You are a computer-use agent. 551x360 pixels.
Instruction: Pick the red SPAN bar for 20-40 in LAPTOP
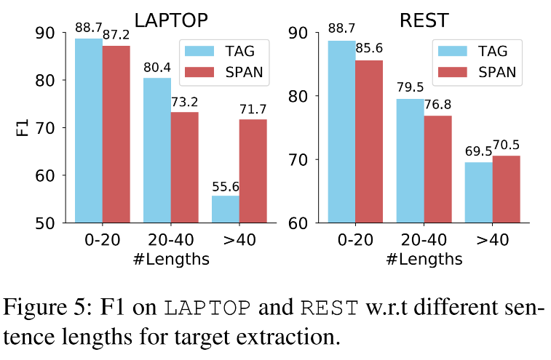point(185,167)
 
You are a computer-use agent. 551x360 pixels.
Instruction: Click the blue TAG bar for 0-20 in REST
point(341,131)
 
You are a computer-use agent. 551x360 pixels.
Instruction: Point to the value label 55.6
point(226,187)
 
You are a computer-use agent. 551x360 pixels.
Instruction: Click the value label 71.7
point(253,110)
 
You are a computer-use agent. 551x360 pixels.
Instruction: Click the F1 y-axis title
point(23,128)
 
